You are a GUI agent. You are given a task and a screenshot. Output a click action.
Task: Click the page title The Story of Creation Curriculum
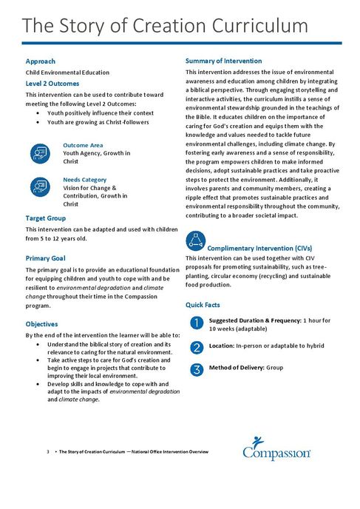point(165,26)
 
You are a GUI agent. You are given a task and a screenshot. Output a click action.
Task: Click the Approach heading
point(41,61)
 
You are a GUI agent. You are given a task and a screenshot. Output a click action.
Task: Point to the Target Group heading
point(45,218)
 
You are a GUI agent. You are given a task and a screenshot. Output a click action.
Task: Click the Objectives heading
point(41,324)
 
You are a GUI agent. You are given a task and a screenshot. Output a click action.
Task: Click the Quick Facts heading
point(204,305)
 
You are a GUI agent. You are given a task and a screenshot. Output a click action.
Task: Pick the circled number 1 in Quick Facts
point(196,322)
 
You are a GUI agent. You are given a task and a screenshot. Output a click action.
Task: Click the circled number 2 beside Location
point(196,346)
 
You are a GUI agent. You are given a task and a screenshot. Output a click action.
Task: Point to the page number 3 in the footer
point(47,451)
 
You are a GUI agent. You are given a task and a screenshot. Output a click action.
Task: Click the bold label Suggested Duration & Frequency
point(256,320)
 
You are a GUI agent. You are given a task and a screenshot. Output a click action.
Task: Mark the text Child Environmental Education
point(67,73)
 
